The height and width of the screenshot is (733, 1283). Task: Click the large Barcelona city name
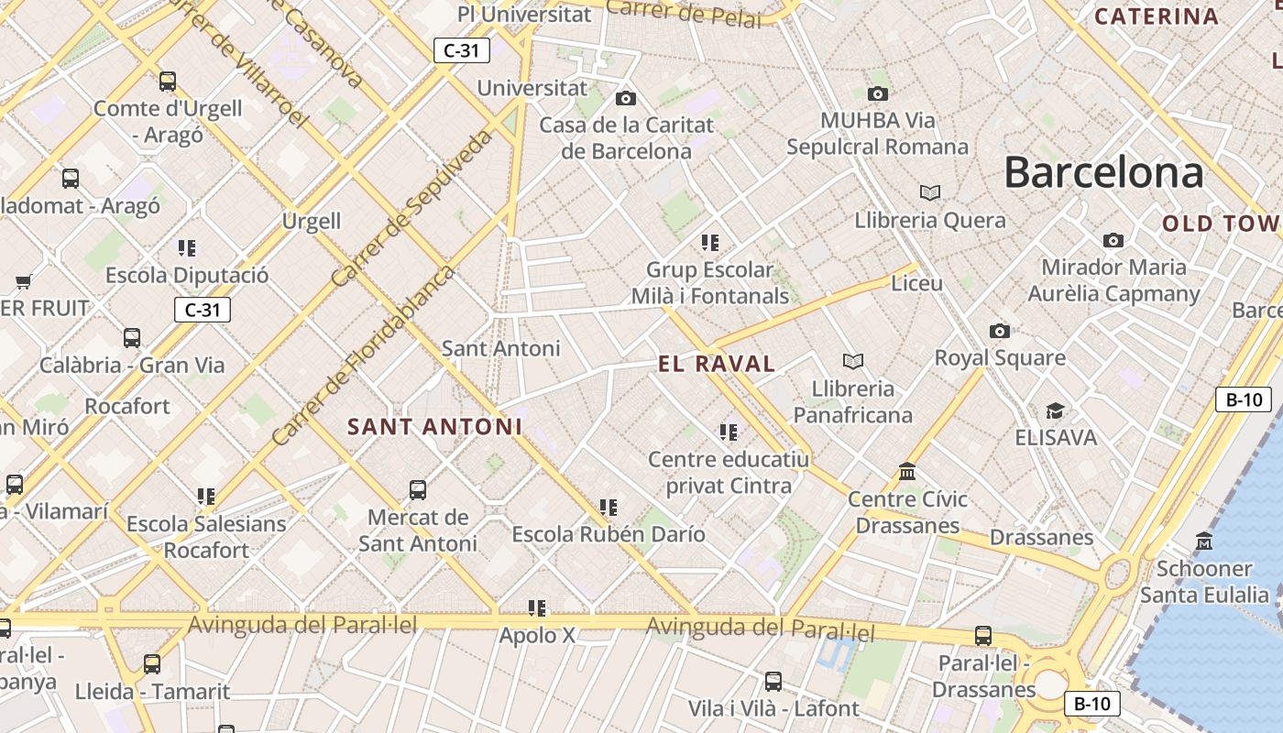[x=1103, y=172]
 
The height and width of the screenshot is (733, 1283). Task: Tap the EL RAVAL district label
[x=717, y=364]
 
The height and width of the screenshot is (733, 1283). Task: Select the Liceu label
[x=916, y=283]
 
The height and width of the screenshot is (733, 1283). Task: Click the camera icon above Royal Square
[x=1000, y=331]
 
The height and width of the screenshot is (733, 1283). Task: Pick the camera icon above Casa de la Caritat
[x=626, y=98]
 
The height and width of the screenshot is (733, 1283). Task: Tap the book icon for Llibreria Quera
[x=930, y=192]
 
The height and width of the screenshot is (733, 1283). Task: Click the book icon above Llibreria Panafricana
[x=853, y=361]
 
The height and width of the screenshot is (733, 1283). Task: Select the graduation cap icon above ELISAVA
[x=1056, y=410]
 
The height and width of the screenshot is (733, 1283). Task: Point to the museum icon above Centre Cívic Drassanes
[x=907, y=471]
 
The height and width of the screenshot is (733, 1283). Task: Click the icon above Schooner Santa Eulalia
[x=1204, y=541]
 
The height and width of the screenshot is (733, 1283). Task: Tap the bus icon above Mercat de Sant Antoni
[x=418, y=489]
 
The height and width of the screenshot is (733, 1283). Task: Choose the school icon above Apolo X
[x=537, y=607]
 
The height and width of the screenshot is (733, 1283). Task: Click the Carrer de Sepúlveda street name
[x=412, y=209]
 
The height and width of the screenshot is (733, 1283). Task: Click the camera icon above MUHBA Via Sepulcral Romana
[x=877, y=93]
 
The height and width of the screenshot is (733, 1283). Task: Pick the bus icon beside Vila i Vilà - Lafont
[x=773, y=681]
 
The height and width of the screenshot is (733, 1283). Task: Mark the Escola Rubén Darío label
[x=609, y=534]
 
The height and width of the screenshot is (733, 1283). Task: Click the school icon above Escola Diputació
[x=187, y=247]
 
